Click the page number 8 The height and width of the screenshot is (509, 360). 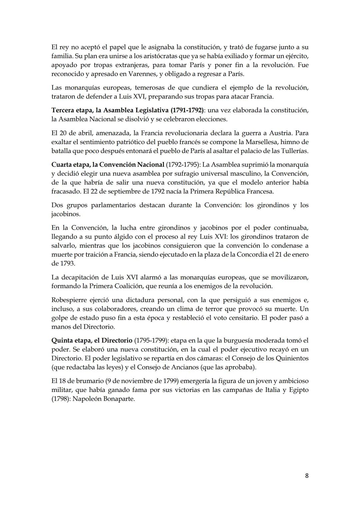coord(307,476)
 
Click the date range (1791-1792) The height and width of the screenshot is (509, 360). coord(187,110)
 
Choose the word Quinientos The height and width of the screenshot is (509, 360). coord(292,358)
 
